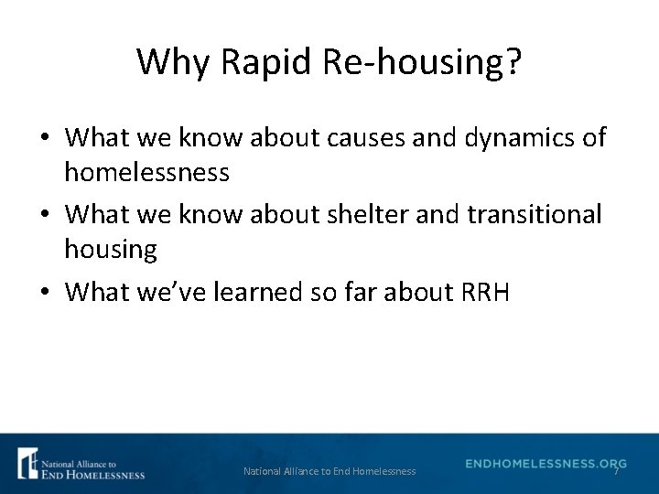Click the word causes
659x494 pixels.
(x=353, y=138)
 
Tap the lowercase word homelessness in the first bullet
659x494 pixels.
(x=146, y=171)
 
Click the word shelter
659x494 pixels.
(x=360, y=215)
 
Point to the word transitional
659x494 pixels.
(x=535, y=215)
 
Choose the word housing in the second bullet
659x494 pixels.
(x=110, y=248)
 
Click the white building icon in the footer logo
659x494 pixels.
(x=27, y=463)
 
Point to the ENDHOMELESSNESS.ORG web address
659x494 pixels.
(x=546, y=464)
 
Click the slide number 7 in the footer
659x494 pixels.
(x=616, y=472)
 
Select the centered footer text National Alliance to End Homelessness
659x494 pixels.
(x=329, y=472)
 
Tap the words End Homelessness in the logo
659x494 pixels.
(x=92, y=474)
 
